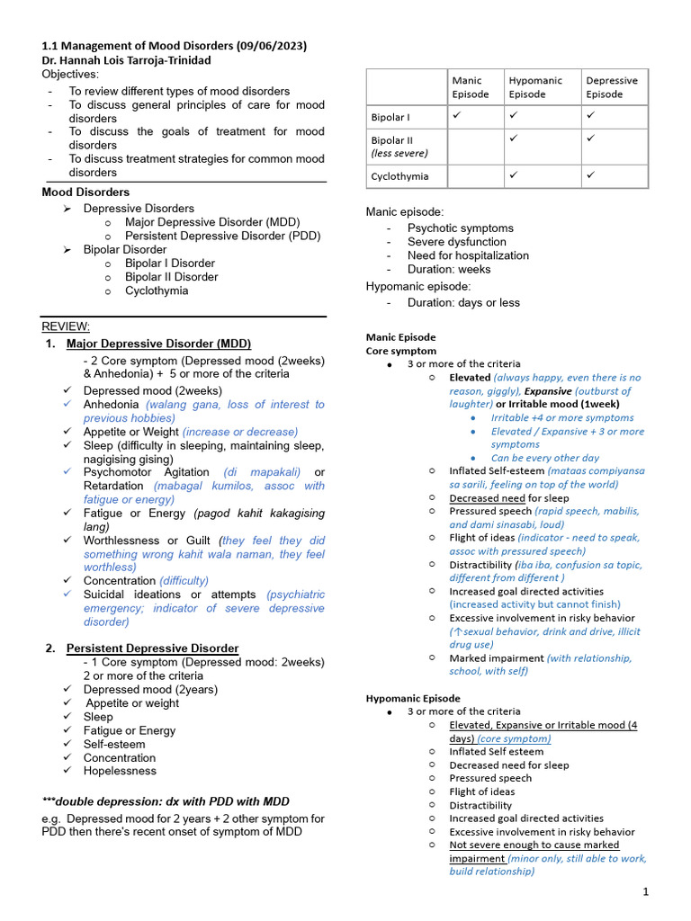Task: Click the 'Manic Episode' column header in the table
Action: click(x=471, y=87)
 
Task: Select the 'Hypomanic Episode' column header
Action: click(x=535, y=87)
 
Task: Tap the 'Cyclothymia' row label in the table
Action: click(x=399, y=177)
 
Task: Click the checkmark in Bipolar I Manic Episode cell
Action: click(x=457, y=116)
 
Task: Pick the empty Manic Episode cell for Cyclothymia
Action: click(x=474, y=177)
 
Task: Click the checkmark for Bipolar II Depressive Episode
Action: click(x=590, y=139)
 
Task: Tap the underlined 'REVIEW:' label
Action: click(x=66, y=326)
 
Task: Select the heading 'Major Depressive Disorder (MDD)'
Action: click(x=158, y=344)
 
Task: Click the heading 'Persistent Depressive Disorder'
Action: click(x=152, y=648)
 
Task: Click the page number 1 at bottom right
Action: click(x=646, y=891)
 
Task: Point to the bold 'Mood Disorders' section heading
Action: click(x=85, y=192)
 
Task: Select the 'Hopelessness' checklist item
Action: click(x=120, y=771)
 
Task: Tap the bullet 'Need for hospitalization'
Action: click(x=468, y=255)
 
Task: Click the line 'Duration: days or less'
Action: click(x=463, y=302)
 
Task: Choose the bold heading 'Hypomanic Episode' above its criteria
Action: click(x=412, y=698)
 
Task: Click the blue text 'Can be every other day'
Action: click(x=544, y=458)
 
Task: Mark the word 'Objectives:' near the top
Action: click(x=72, y=74)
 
